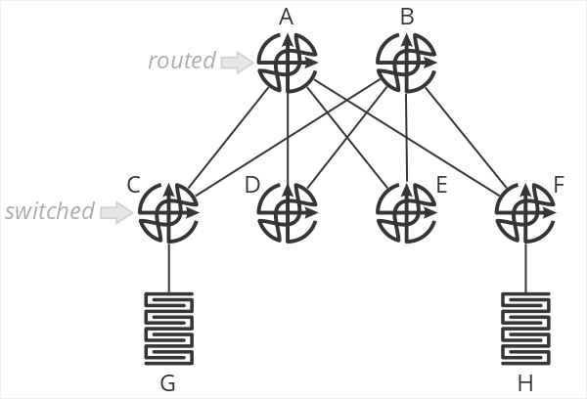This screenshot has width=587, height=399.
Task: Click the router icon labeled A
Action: tap(287, 64)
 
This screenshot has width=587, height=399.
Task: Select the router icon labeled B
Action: tap(406, 64)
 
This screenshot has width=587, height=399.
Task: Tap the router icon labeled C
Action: tap(168, 212)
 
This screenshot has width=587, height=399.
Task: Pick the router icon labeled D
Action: tap(287, 212)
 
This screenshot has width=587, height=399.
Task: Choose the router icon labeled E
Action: tap(406, 212)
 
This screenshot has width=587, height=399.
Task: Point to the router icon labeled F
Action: tap(525, 212)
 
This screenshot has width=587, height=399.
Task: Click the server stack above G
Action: tap(168, 328)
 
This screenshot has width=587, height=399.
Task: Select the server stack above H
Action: tap(525, 328)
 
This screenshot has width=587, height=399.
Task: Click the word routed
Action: tap(181, 61)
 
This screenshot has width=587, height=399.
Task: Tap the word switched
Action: tap(50, 210)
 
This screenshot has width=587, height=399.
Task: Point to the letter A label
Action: tap(287, 16)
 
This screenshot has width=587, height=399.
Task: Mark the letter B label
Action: tap(406, 16)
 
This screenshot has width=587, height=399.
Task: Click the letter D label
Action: tap(251, 184)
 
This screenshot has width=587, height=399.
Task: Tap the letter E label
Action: tap(441, 184)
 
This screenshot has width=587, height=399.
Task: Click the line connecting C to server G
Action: tap(168, 267)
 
